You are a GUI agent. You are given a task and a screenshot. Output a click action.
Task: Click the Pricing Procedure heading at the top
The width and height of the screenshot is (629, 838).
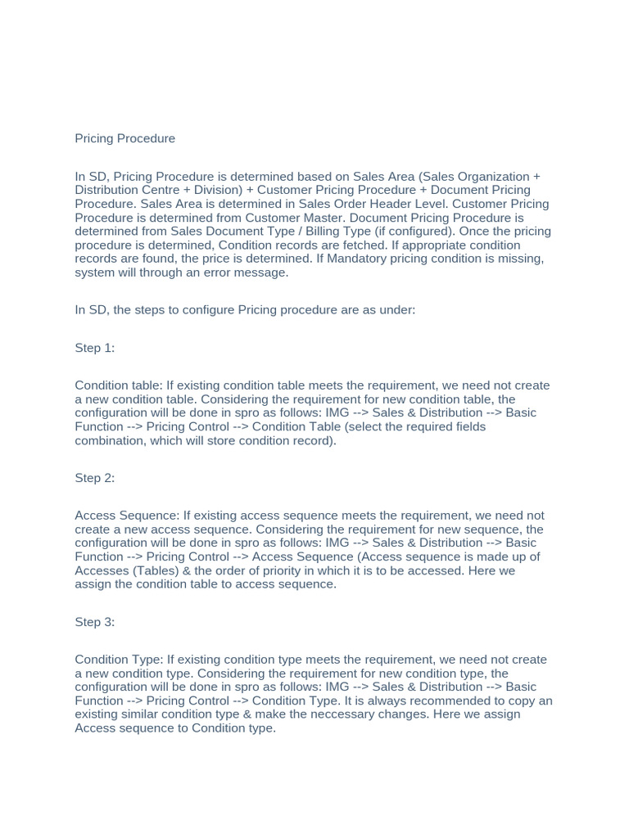(x=124, y=138)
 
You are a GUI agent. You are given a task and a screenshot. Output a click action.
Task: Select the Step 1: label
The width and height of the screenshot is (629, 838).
(x=94, y=348)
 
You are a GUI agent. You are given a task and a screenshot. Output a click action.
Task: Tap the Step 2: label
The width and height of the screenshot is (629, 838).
(x=94, y=478)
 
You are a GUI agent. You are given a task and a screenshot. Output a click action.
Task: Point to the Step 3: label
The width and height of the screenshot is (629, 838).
(x=94, y=622)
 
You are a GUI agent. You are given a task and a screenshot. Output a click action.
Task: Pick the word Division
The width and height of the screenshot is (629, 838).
(x=207, y=190)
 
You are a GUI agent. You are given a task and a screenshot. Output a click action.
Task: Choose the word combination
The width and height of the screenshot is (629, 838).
(x=112, y=440)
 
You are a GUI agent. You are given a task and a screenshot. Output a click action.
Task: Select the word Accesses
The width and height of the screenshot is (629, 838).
(x=104, y=570)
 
